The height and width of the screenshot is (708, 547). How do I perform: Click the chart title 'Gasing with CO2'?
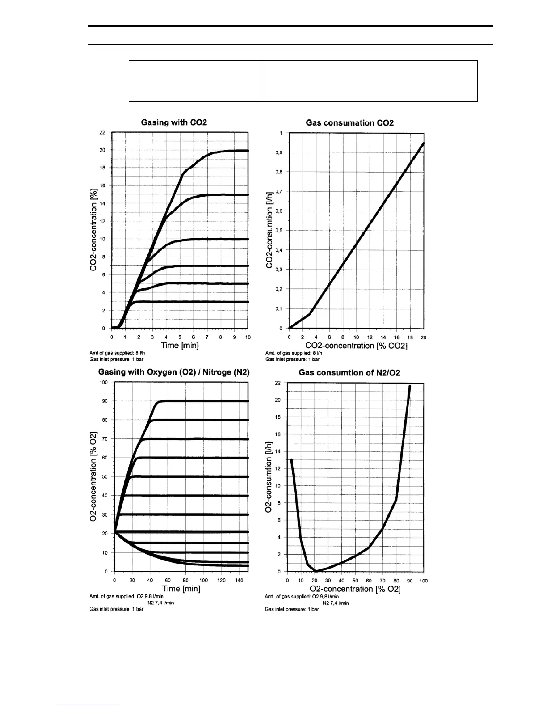click(x=174, y=122)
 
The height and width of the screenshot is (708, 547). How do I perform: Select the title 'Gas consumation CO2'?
click(x=349, y=123)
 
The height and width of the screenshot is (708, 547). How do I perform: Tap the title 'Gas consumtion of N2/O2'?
click(x=349, y=373)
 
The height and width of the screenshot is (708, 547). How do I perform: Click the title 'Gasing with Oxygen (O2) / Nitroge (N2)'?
click(x=174, y=372)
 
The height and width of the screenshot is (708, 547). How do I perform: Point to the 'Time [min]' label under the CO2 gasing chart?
click(x=180, y=346)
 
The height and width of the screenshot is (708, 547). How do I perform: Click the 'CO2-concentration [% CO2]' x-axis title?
click(x=356, y=346)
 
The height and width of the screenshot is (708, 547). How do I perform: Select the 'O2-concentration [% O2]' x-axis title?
click(x=355, y=589)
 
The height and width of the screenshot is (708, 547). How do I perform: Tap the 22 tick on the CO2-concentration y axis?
click(x=102, y=132)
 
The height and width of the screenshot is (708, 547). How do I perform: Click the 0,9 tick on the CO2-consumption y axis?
click(x=278, y=152)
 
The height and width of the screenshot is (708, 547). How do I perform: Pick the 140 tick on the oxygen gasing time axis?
click(x=239, y=580)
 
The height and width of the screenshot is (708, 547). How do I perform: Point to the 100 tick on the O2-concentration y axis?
click(x=104, y=382)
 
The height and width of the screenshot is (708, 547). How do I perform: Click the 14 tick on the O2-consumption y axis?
click(x=278, y=451)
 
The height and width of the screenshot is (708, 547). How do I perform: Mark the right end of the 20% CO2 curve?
click(x=248, y=151)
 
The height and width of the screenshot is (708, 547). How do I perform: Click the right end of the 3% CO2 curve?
click(x=248, y=302)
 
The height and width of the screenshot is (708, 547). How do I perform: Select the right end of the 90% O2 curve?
click(x=248, y=401)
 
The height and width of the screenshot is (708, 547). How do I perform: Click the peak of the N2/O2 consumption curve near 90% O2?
click(x=409, y=386)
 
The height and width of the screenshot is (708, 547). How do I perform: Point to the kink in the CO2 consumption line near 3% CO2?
click(x=310, y=314)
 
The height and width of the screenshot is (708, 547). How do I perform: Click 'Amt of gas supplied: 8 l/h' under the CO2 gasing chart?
click(x=117, y=353)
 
